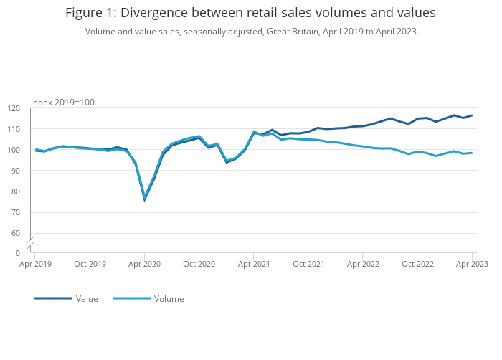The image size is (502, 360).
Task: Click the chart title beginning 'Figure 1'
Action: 250,13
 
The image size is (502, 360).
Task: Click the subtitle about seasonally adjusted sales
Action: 250,32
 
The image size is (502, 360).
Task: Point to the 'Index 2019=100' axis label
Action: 62,103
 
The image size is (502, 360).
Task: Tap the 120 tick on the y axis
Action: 14,108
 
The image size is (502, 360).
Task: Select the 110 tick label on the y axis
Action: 14,129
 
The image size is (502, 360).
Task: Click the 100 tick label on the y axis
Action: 14,150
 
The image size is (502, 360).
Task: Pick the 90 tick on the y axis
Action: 16,171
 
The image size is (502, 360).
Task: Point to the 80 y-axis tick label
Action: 16,191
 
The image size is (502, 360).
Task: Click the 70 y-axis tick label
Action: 16,212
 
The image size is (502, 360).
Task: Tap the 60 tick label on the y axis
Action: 16,233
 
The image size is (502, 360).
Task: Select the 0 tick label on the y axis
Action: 18,253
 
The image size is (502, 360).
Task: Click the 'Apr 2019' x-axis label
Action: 34,264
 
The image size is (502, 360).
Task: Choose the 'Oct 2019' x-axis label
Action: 90,264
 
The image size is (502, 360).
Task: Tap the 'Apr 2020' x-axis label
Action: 144,264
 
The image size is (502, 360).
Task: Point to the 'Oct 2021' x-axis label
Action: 308,264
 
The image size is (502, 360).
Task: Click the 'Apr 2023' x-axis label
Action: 472,264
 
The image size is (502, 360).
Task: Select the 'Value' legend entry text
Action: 87,299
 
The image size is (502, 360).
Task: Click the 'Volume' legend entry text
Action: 169,299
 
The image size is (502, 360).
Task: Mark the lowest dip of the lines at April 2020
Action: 144,199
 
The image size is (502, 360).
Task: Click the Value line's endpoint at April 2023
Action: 472,115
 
